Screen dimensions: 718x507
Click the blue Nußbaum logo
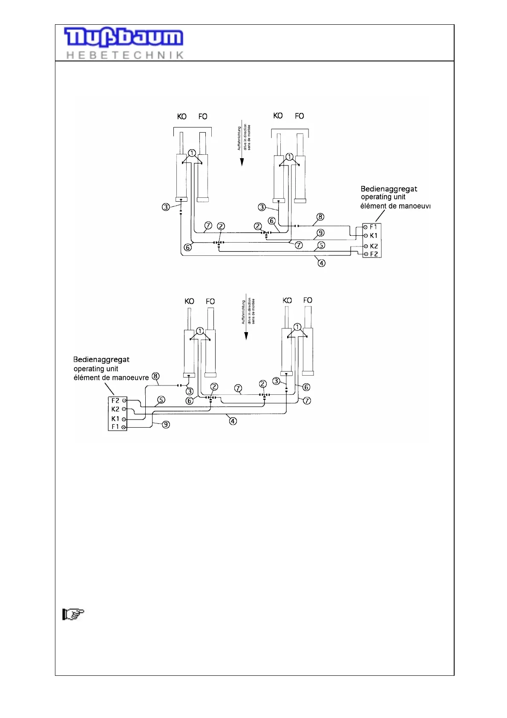[x=124, y=38]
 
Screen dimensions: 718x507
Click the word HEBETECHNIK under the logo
[x=125, y=55]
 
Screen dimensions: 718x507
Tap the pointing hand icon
[x=73, y=614]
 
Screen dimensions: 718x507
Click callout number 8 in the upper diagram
[x=320, y=217]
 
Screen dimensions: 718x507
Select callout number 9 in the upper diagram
[x=320, y=233]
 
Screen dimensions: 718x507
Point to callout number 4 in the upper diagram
[x=322, y=263]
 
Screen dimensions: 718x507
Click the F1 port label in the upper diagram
[x=373, y=227]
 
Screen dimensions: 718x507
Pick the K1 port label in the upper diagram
[x=374, y=235]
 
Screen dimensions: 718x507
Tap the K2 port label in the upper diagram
[x=374, y=246]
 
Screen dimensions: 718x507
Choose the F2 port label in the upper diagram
[x=374, y=254]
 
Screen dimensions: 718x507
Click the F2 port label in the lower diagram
[x=115, y=400]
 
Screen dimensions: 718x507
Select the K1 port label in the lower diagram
[x=115, y=419]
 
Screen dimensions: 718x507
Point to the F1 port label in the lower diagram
[x=115, y=427]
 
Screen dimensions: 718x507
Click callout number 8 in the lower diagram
[x=156, y=376]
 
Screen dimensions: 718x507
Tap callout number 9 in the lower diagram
[x=166, y=424]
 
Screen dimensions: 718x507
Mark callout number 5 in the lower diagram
[x=161, y=400]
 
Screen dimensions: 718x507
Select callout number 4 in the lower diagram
[x=233, y=421]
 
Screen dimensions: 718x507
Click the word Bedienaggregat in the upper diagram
[x=389, y=189]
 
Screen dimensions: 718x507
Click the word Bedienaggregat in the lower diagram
[x=101, y=359]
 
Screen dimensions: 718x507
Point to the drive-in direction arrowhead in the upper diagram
[x=242, y=162]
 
